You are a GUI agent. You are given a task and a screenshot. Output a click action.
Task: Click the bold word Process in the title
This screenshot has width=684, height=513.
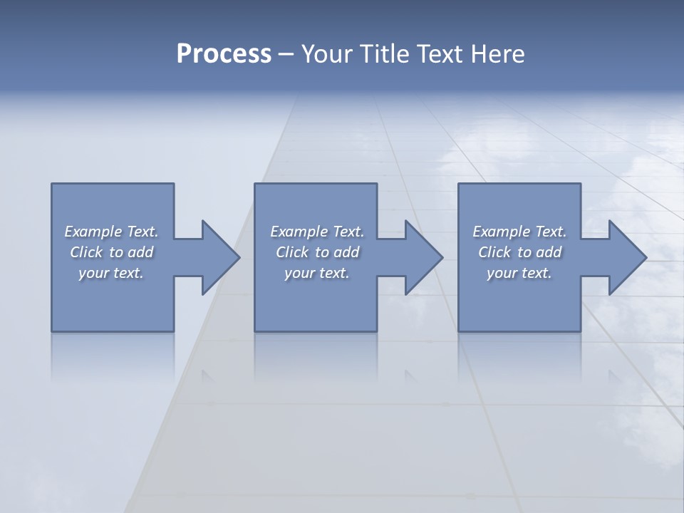click(x=224, y=54)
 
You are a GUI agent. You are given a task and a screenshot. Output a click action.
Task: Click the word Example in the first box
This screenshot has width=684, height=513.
click(x=93, y=232)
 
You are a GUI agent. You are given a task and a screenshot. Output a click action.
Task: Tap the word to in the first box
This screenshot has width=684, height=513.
click(x=116, y=252)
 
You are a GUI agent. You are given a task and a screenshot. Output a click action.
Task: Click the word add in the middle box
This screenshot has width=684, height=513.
click(x=346, y=252)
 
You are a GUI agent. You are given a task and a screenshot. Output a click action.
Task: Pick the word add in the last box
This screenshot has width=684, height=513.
click(x=549, y=252)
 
